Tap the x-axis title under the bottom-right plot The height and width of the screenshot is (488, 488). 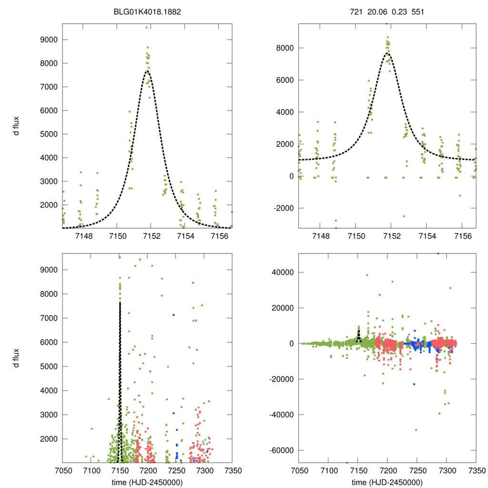point(387,482)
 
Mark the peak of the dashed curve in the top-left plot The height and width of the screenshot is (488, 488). point(147,71)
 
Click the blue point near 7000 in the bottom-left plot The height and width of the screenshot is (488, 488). point(173,315)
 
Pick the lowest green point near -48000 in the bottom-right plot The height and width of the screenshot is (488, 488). point(416,430)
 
